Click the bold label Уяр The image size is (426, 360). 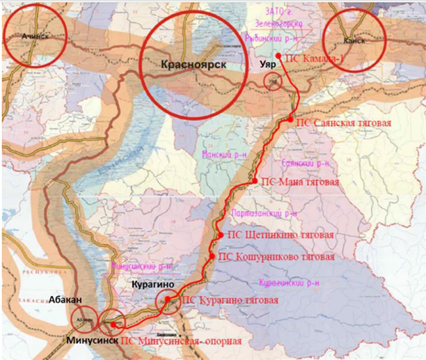click(268, 63)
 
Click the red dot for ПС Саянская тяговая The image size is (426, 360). click(290, 120)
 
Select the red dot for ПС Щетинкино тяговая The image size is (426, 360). click(221, 235)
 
